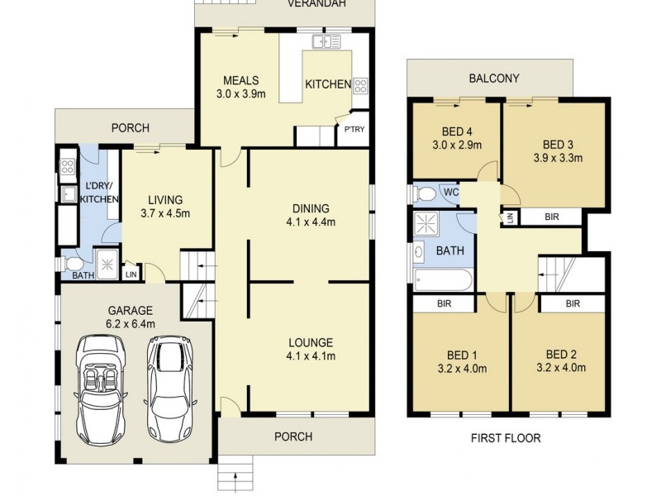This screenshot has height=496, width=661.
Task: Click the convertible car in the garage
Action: point(100,390)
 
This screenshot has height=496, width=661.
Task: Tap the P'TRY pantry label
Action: point(354,130)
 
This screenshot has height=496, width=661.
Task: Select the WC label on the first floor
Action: point(451,193)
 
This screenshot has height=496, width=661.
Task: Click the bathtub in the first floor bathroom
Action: point(444,279)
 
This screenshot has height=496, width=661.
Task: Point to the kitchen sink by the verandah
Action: point(326,41)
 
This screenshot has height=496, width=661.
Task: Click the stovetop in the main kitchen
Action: point(360,86)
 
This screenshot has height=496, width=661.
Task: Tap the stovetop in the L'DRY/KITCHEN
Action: point(68,167)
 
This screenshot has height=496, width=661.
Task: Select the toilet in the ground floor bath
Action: point(72,264)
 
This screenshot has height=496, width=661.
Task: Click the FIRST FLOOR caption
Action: point(506,438)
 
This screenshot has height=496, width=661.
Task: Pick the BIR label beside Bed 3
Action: point(552,217)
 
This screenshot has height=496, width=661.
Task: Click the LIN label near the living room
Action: point(131,274)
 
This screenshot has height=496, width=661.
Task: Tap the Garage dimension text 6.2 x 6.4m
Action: point(131,324)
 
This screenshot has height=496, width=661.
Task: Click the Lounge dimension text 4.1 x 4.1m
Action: point(311,356)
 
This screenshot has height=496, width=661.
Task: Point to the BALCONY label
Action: point(494,79)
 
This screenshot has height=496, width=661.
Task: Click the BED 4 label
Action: point(457,131)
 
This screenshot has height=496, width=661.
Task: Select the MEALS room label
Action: point(241,80)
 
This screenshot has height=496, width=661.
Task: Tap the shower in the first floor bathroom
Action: point(426,224)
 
